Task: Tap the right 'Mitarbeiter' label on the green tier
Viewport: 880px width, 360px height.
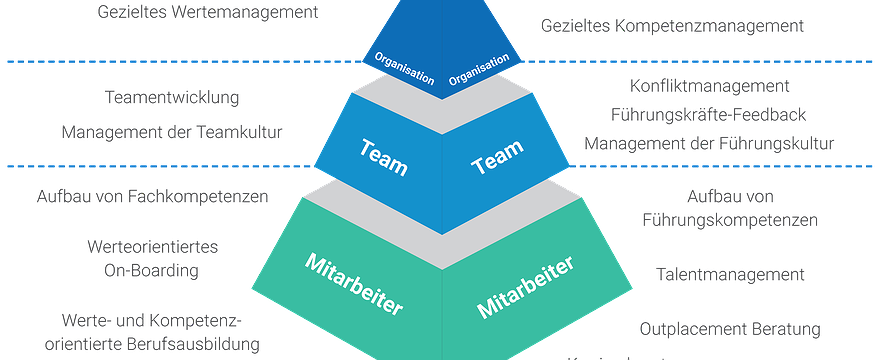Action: pyautogui.click(x=526, y=286)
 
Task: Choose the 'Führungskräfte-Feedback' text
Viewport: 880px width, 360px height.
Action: pyautogui.click(x=708, y=115)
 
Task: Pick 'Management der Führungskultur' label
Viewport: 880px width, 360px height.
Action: pyautogui.click(x=709, y=144)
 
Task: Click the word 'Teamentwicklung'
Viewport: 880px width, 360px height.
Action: pyautogui.click(x=172, y=98)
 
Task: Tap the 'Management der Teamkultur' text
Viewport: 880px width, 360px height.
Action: pyautogui.click(x=172, y=131)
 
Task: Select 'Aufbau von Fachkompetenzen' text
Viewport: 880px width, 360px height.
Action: pyautogui.click(x=152, y=197)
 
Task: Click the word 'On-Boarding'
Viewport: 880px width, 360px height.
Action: pyautogui.click(x=152, y=270)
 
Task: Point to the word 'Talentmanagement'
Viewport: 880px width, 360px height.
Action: pyautogui.click(x=731, y=273)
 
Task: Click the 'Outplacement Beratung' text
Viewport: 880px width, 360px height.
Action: pyautogui.click(x=730, y=328)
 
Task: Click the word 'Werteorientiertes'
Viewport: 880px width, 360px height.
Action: pyautogui.click(x=152, y=246)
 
